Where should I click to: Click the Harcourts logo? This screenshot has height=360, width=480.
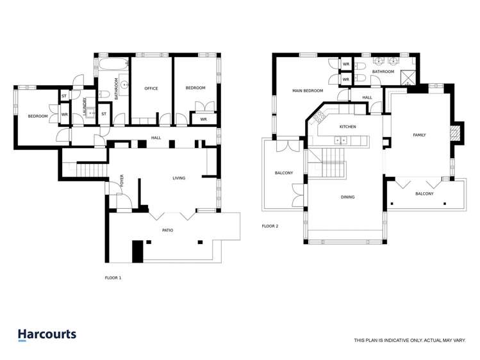coord(47,334)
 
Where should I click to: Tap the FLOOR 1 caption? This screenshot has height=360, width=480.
coord(113,278)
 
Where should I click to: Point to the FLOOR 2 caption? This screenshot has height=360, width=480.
coord(270,226)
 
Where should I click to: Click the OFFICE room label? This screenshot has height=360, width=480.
coord(151,88)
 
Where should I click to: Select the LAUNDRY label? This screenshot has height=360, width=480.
coord(85,106)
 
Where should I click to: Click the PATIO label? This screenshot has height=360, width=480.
coord(167,231)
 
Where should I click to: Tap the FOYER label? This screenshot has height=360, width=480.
coord(122,181)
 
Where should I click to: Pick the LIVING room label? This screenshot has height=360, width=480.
coord(179,178)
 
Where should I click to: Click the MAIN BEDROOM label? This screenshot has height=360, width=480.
coord(308,91)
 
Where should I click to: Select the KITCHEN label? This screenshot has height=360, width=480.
coord(348,127)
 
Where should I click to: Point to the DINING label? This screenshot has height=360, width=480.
coord(348,197)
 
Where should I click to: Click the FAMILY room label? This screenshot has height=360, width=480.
coord(419,135)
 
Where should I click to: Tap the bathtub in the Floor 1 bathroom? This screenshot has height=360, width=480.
coord(113,63)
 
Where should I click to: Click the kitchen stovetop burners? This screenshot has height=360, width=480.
coord(319,117)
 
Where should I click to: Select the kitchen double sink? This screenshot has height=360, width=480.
coord(340,140)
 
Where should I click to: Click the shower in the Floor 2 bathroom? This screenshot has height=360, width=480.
coord(408,78)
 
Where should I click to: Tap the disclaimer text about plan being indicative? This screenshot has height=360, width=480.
coord(410,340)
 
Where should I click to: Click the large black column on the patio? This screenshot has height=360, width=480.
coord(137,252)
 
